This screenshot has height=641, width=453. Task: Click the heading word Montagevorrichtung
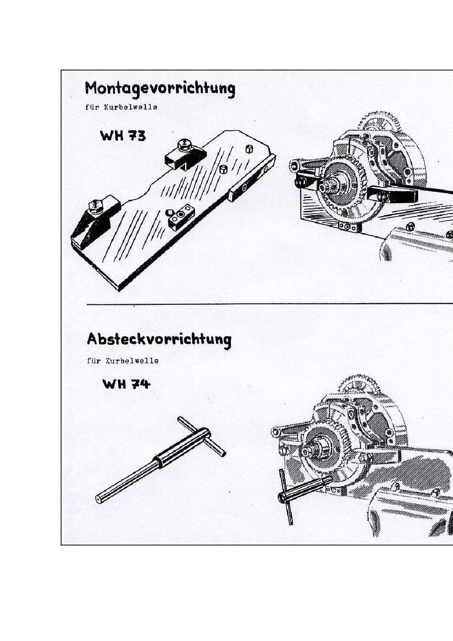160,89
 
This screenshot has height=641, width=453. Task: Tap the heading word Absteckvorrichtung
159,340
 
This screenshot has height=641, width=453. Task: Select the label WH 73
123,136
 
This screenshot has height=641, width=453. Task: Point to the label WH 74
126,384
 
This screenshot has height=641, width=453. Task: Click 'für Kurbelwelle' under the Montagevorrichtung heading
121,107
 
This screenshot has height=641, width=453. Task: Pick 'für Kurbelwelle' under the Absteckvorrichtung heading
123,361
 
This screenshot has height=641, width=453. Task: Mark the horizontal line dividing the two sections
267,303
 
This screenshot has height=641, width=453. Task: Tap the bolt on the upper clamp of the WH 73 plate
183,144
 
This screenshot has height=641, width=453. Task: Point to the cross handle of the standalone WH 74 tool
201,436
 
